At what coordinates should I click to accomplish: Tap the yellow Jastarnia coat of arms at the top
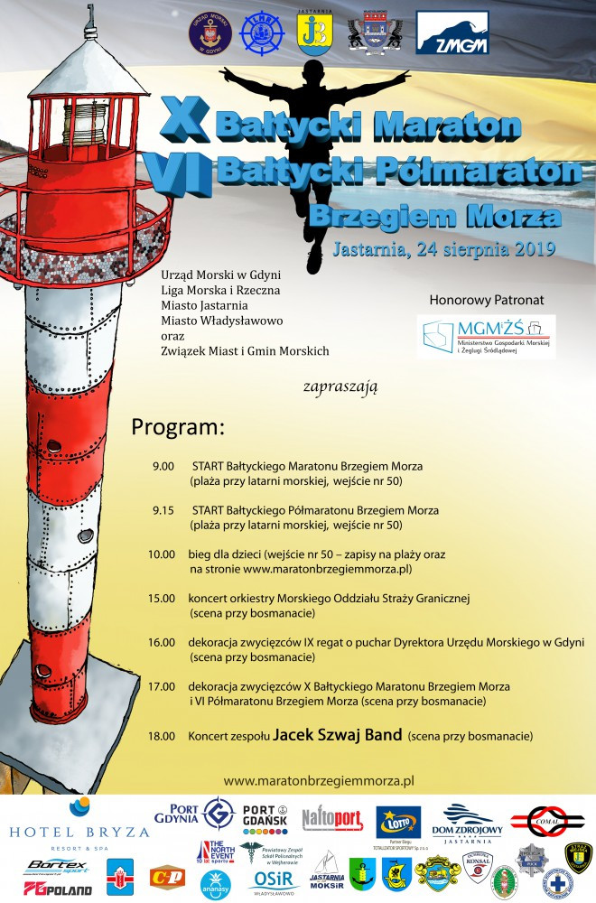(313, 33)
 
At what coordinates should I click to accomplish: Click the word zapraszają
(348, 386)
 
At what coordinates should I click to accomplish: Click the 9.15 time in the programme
(163, 509)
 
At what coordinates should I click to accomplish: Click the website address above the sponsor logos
(318, 779)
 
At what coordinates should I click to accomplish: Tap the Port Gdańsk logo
(268, 815)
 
